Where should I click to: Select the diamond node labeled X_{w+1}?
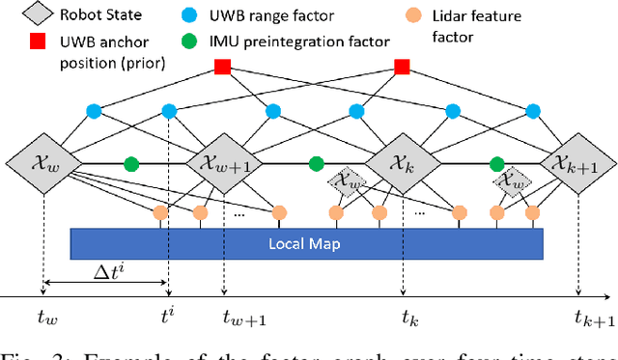pyautogui.click(x=224, y=163)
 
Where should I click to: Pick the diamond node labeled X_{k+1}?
pyautogui.click(x=576, y=163)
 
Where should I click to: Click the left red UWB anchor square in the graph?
pyautogui.click(x=222, y=67)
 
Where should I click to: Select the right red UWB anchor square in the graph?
pyautogui.click(x=402, y=67)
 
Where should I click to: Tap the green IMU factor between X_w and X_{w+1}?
pyautogui.click(x=132, y=163)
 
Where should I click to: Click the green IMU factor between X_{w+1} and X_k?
pyautogui.click(x=315, y=163)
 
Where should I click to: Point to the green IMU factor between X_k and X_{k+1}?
pyautogui.click(x=496, y=163)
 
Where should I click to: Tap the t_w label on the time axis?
pyautogui.click(x=44, y=315)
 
